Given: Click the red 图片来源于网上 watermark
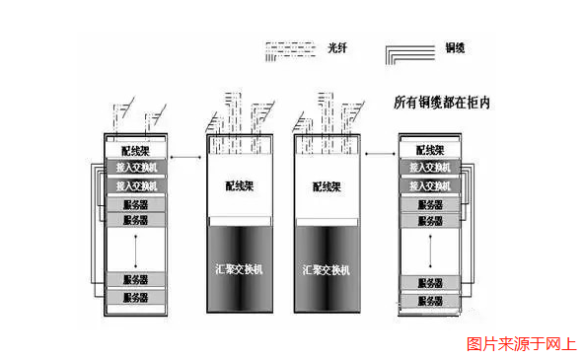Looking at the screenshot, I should point(521,344).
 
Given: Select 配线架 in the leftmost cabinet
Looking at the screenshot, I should point(136,151).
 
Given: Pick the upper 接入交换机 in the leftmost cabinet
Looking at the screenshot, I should point(136,168).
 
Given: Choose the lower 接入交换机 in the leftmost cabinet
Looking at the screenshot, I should point(136,185).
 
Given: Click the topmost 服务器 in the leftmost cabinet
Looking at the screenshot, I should point(136,205).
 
